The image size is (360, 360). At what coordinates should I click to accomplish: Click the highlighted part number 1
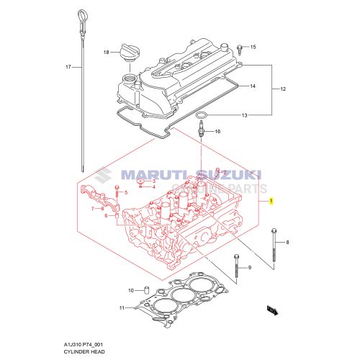tap(271, 202)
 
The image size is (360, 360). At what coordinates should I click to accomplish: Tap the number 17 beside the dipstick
tap(68, 67)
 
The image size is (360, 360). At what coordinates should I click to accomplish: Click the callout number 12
tap(283, 89)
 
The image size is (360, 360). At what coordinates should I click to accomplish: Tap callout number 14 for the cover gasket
tap(253, 86)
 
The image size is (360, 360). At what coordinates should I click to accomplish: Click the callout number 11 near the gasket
tap(122, 308)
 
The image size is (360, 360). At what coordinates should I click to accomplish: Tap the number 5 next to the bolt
tap(125, 193)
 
